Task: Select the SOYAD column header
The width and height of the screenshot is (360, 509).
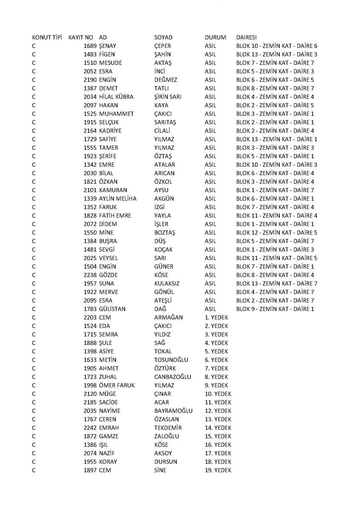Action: click(x=163, y=37)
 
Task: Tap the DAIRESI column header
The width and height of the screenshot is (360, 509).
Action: click(x=246, y=37)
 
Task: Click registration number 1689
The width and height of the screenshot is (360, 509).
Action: click(x=90, y=46)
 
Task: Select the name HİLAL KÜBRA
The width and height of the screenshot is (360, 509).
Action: click(x=116, y=97)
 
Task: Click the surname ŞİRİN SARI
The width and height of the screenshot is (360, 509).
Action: click(x=168, y=97)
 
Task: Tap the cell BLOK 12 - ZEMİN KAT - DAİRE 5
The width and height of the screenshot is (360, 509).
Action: click(x=276, y=232)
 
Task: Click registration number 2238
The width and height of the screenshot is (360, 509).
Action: click(x=90, y=275)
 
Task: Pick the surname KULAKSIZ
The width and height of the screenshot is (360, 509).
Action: click(x=167, y=283)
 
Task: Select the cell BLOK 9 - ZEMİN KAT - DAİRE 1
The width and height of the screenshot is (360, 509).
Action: click(x=275, y=309)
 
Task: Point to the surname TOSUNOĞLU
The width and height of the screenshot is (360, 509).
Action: click(x=171, y=360)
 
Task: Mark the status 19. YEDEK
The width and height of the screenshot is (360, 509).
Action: click(x=218, y=470)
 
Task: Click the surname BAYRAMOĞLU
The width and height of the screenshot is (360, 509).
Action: click(x=173, y=411)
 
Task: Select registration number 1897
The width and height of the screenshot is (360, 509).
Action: click(x=90, y=470)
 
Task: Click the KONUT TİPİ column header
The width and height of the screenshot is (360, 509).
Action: click(x=47, y=37)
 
